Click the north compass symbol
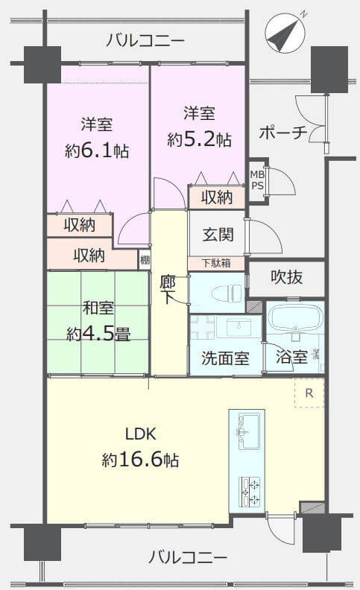click(285, 32)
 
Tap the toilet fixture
click(227, 294)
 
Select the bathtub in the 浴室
click(295, 317)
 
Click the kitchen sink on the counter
click(248, 431)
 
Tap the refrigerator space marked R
click(309, 393)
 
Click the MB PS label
click(258, 180)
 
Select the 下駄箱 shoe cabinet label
click(216, 263)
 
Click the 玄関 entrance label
click(218, 235)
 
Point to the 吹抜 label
click(286, 277)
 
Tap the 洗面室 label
click(225, 358)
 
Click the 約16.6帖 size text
click(140, 460)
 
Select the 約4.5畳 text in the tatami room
click(98, 334)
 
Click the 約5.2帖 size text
click(199, 139)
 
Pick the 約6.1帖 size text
click(97, 151)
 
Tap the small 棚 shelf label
click(145, 260)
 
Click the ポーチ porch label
click(282, 133)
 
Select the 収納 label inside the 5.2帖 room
click(217, 197)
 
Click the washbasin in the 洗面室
click(238, 326)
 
